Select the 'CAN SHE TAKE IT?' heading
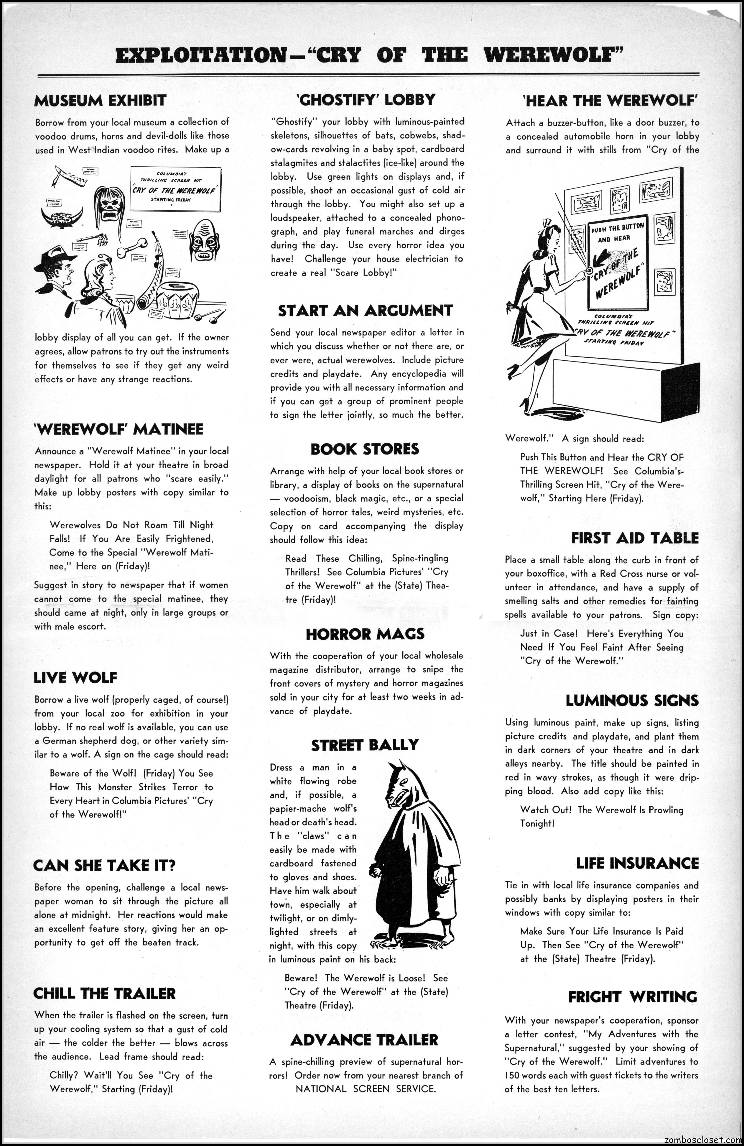104,865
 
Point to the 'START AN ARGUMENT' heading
365,311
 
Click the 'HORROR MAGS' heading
365,634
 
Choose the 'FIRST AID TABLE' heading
635,538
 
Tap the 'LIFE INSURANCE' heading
637,863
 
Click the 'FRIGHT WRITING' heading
632,996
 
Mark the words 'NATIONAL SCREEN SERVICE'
366,1089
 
